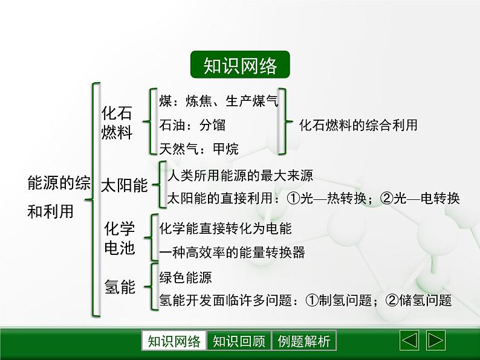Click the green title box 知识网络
(x=240, y=66)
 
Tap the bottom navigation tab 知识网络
(x=174, y=341)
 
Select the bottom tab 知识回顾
(x=239, y=341)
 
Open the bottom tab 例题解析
(x=304, y=341)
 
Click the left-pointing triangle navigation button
(x=409, y=341)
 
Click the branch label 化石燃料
(x=117, y=123)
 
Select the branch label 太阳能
(x=123, y=185)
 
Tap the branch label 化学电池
(x=120, y=238)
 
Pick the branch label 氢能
(x=120, y=287)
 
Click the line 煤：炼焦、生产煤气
(x=218, y=101)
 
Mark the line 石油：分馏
(x=192, y=125)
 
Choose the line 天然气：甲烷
(x=198, y=149)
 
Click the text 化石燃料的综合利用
(x=358, y=125)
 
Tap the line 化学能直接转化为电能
(x=225, y=228)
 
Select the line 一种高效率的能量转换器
(x=232, y=252)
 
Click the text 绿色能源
(x=186, y=277)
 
